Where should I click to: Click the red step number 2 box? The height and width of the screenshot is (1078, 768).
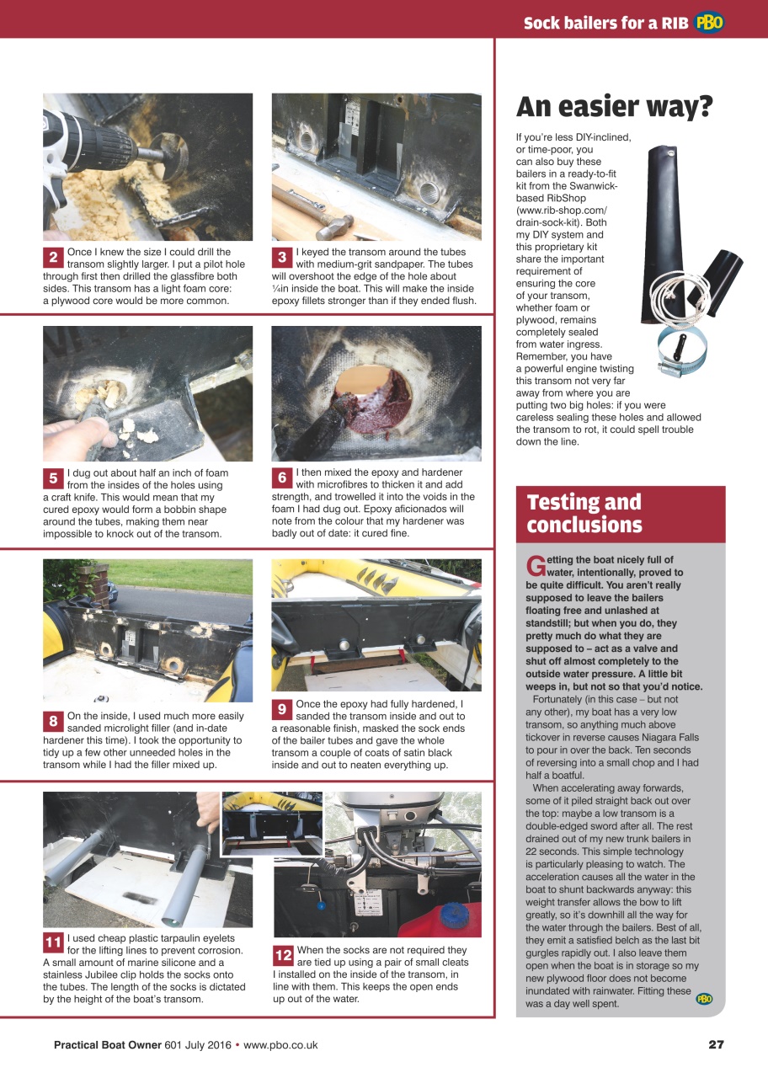53,258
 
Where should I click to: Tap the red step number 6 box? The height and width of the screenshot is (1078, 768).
282,478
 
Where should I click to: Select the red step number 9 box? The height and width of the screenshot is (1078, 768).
282,710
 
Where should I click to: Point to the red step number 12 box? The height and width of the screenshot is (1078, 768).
283,955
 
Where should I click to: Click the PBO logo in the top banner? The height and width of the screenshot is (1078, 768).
709,23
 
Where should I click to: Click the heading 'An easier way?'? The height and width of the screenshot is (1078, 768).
614,107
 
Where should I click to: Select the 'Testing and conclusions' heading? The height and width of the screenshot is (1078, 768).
584,514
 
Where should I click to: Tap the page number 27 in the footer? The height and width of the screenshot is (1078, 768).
715,1044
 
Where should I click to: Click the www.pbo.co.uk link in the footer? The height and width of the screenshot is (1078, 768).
280,1044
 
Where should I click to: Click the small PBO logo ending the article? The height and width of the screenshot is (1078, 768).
704,999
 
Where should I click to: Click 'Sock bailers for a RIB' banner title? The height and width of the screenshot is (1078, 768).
605,23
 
